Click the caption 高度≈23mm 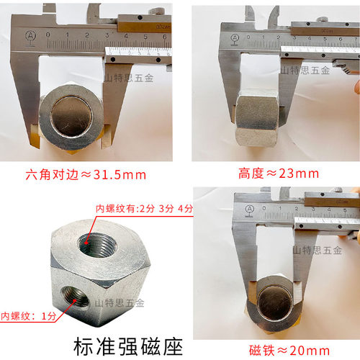point(278,174)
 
